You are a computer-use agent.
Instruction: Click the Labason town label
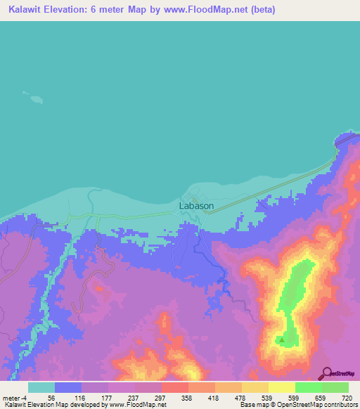click(x=196, y=206)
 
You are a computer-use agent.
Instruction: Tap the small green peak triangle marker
click(x=282, y=339)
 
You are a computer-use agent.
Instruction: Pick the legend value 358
click(x=186, y=397)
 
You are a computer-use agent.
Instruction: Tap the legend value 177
click(x=105, y=397)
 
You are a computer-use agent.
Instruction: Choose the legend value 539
click(x=266, y=397)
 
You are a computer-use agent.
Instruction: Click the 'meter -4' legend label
click(x=15, y=397)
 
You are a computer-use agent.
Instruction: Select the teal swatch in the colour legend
click(x=41, y=387)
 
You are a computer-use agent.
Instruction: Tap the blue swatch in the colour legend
click(x=68, y=387)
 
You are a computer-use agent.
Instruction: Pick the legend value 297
click(x=159, y=397)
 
